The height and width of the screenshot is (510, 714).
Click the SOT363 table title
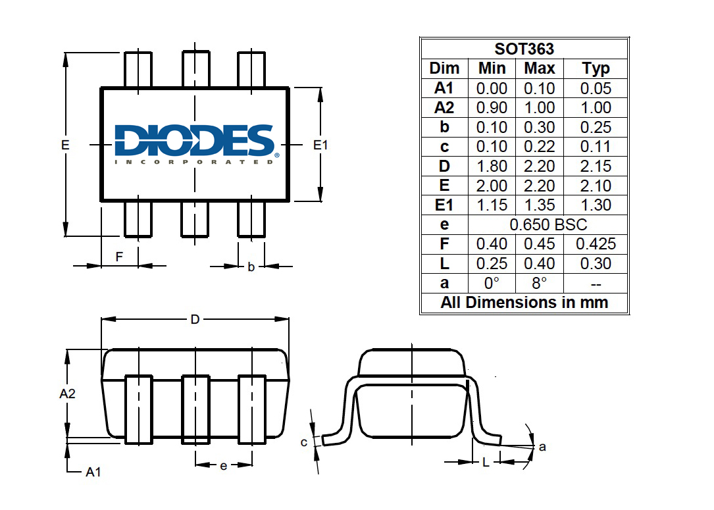click(x=524, y=49)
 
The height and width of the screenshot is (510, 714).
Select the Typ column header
click(x=596, y=68)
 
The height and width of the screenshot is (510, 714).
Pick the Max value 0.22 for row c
click(x=539, y=147)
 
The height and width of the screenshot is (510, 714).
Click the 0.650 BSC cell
click(x=548, y=224)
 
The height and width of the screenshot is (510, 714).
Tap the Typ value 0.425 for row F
click(x=596, y=244)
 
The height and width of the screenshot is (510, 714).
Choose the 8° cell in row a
click(x=539, y=283)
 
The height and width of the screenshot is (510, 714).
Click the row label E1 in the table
click(x=444, y=205)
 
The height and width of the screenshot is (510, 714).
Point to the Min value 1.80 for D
click(x=492, y=166)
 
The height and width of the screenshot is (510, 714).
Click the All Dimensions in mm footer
click(x=524, y=303)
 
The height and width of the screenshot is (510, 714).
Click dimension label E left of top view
click(x=65, y=144)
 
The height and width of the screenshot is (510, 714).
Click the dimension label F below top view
click(x=119, y=257)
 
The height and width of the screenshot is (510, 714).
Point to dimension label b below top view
click(x=251, y=267)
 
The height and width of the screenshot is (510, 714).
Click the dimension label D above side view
click(x=195, y=320)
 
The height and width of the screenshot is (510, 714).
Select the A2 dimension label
click(x=67, y=394)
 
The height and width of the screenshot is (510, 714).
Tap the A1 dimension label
click(x=93, y=472)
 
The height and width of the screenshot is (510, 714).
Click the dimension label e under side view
click(x=223, y=466)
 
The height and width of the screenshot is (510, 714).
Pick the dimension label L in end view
click(x=486, y=463)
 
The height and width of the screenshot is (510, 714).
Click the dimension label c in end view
click(x=303, y=442)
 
